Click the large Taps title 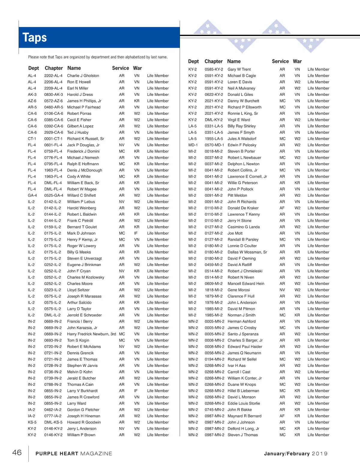[x=34, y=38]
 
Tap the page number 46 [x=17, y=453]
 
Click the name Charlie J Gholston [x=83, y=76]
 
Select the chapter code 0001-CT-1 [x=53, y=139]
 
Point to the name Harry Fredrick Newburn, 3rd [x=91, y=334]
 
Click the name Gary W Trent [x=239, y=69]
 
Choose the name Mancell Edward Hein [x=246, y=283]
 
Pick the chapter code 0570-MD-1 [x=214, y=145]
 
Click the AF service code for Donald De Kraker [x=282, y=208]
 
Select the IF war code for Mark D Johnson [x=136, y=233]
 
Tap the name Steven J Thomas [x=243, y=435]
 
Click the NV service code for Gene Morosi [x=282, y=290]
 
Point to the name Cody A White [x=79, y=176]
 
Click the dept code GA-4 [x=32, y=195]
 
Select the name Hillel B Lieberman [x=243, y=391]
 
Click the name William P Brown [x=81, y=435]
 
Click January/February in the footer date [x=286, y=454]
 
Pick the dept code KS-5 [x=32, y=422]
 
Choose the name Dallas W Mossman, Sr [x=247, y=252]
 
